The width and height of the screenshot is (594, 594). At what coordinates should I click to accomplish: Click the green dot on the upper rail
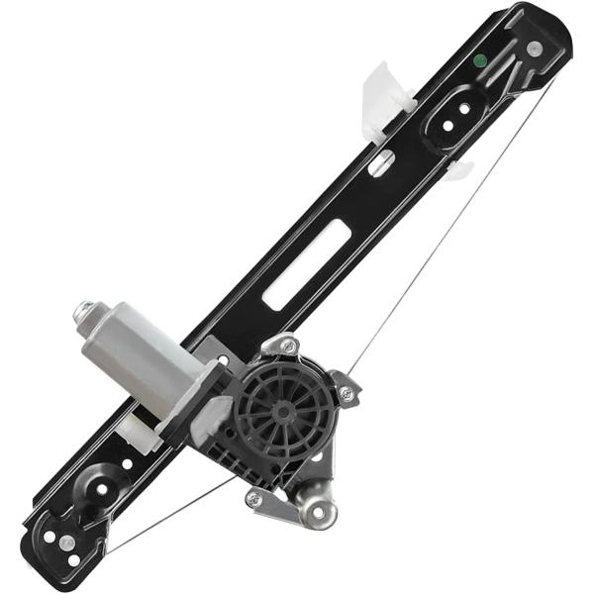pyautogui.click(x=480, y=60)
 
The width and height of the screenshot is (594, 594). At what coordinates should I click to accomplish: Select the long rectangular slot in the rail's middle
pyautogui.click(x=307, y=262)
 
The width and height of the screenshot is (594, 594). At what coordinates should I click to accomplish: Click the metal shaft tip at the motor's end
pyautogui.click(x=83, y=311)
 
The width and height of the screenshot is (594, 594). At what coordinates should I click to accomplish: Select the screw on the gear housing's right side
pyautogui.click(x=346, y=393)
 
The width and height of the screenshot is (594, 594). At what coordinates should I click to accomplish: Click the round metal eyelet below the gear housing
pyautogui.click(x=319, y=512)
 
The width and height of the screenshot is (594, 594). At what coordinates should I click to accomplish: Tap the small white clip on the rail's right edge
pyautogui.click(x=459, y=169)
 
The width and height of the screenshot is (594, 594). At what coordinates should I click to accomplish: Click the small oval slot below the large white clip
pyautogui.click(x=381, y=163)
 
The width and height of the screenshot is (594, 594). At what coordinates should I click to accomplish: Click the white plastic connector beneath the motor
pyautogui.click(x=138, y=434)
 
